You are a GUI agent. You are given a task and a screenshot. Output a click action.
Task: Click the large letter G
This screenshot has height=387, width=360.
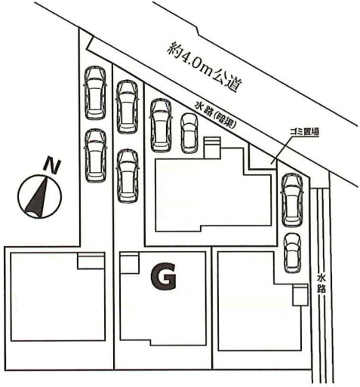pyautogui.click(x=163, y=277)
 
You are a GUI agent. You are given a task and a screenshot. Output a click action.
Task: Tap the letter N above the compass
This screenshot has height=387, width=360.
pyautogui.click(x=52, y=166)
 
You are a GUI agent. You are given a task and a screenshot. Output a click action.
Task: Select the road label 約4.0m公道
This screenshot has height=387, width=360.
pyautogui.click(x=203, y=67)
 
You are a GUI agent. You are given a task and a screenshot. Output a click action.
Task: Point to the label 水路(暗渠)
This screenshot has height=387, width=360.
pyautogui.click(x=216, y=115)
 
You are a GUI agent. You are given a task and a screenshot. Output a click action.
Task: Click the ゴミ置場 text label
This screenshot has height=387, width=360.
pyautogui.click(x=304, y=131)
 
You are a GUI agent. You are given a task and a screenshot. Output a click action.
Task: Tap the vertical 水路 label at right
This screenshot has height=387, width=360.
pyautogui.click(x=322, y=284)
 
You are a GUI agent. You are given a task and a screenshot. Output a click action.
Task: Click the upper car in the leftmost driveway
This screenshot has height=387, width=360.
pyautogui.click(x=95, y=93)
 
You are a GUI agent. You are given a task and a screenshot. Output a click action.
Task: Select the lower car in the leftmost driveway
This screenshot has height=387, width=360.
pyautogui.click(x=95, y=155)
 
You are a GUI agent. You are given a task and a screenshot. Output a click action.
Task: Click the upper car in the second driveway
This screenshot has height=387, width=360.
pyautogui.click(x=128, y=107)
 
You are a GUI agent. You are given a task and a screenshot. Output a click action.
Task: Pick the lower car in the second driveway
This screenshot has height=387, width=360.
pyautogui.click(x=128, y=175)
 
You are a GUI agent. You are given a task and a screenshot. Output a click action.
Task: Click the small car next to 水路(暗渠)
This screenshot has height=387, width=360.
pyautogui.click(x=189, y=133)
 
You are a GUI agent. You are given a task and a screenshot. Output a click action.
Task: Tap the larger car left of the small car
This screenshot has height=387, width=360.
pyautogui.click(x=161, y=125)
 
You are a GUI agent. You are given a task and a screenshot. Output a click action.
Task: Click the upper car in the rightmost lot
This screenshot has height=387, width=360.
pyautogui.click(x=292, y=200)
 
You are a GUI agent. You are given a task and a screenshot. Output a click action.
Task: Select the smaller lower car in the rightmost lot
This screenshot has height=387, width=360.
pyautogui.click(x=292, y=253)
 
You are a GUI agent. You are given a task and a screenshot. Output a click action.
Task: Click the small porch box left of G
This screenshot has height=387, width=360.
pyautogui.click(x=129, y=263)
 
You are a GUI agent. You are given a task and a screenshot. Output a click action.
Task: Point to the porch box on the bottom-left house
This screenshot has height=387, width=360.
pyautogui.click(x=91, y=261)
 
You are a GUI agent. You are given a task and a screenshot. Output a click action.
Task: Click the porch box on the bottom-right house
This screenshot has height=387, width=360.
pyautogui.click(x=300, y=295)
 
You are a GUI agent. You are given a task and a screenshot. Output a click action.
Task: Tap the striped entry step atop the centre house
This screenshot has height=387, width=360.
pyautogui.click(x=212, y=147)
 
